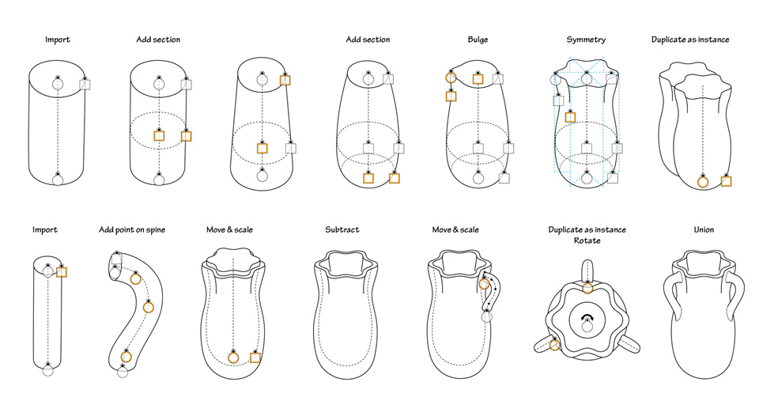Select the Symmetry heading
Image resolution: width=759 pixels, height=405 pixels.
click(x=586, y=40)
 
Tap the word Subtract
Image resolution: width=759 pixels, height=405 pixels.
click(x=342, y=230)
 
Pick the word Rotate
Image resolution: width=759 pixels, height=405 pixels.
click(x=587, y=240)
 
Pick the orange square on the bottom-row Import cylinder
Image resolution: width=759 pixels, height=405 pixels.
click(x=62, y=271)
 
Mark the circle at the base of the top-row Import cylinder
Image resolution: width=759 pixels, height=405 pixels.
click(x=57, y=180)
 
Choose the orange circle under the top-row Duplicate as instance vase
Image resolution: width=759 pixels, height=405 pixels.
click(x=702, y=182)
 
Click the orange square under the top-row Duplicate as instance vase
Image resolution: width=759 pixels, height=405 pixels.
click(x=726, y=181)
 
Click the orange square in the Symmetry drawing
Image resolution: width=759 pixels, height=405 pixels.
click(x=570, y=117)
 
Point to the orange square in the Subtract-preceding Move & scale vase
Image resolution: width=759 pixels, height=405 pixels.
click(x=255, y=358)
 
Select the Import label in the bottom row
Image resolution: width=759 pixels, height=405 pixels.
click(x=45, y=230)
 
